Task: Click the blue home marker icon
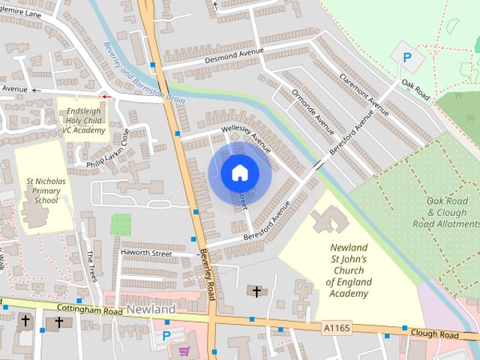[239, 172]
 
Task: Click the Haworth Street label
[146, 253]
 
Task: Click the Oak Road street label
[415, 89]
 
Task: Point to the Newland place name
[151, 309]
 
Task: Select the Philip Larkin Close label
[109, 149]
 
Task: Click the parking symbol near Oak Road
[408, 56]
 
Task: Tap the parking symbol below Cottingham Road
[166, 335]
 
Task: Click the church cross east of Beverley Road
[256, 291]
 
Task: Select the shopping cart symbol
[184, 351]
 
